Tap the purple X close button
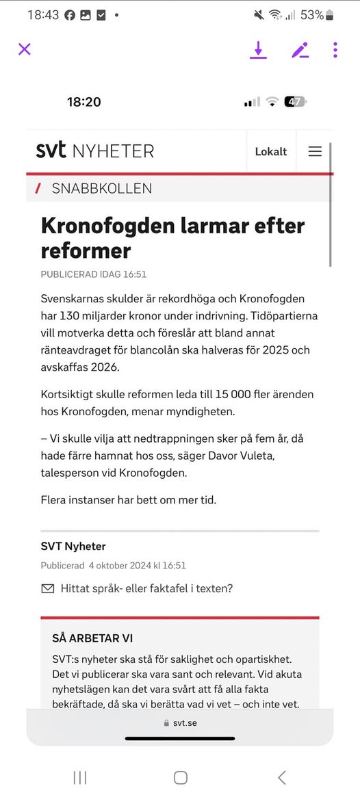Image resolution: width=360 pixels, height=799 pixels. pyautogui.click(x=25, y=49)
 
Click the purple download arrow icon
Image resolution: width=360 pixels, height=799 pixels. pyautogui.click(x=258, y=49)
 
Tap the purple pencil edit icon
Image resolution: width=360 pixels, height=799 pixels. pyautogui.click(x=300, y=50)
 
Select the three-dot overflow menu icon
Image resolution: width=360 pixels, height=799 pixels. pyautogui.click(x=335, y=49)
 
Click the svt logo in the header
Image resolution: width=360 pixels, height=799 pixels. pyautogui.click(x=51, y=150)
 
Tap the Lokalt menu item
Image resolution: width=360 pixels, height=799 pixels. pyautogui.click(x=271, y=151)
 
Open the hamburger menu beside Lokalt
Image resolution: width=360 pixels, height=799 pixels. pyautogui.click(x=315, y=151)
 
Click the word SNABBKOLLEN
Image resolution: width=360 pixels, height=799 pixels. pyautogui.click(x=102, y=188)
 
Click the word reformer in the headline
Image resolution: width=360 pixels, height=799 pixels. pyautogui.click(x=86, y=250)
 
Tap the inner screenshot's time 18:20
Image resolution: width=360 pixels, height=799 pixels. pyautogui.click(x=83, y=102)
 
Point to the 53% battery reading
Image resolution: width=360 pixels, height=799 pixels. pyautogui.click(x=311, y=14)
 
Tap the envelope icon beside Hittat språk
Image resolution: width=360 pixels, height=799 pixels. pyautogui.click(x=48, y=588)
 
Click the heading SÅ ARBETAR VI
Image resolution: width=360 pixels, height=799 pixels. pyautogui.click(x=92, y=638)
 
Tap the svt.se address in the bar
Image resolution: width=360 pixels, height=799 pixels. pyautogui.click(x=184, y=722)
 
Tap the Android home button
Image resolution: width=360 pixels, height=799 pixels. pyautogui.click(x=180, y=777)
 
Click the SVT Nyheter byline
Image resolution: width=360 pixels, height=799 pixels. pyautogui.click(x=73, y=546)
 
